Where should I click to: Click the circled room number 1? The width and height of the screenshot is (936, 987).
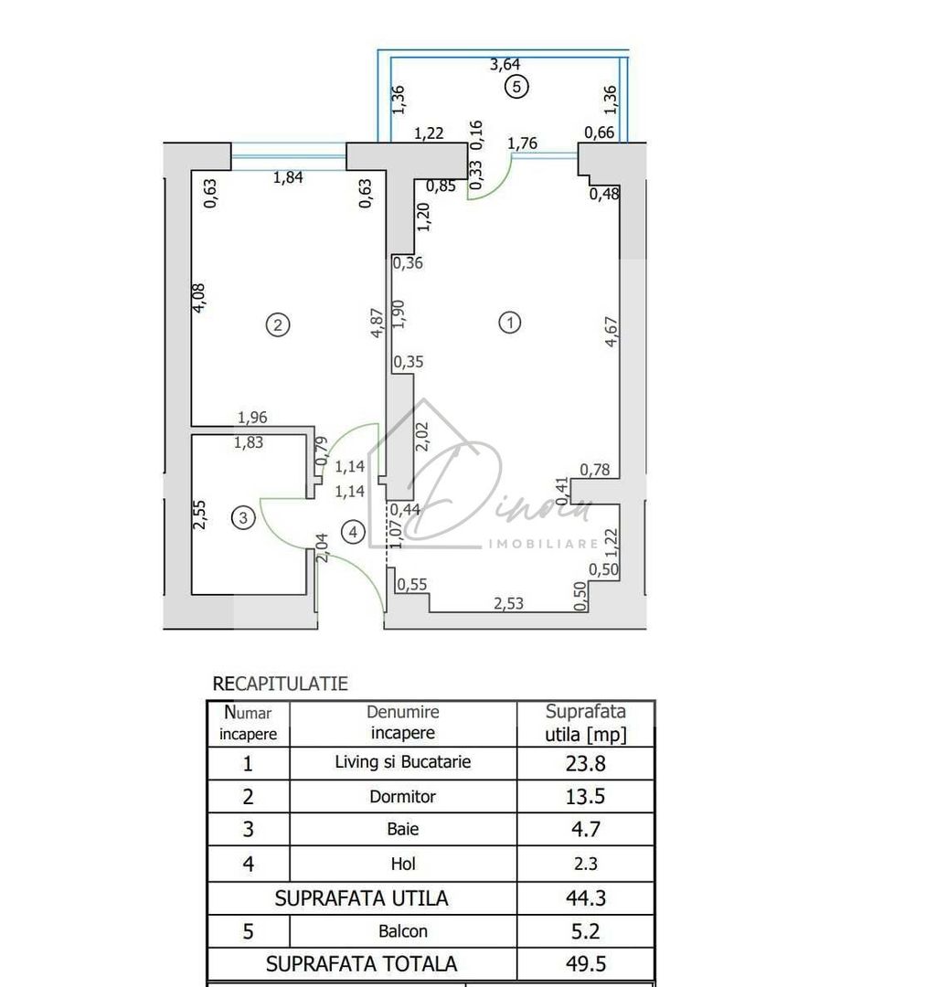point(510,322)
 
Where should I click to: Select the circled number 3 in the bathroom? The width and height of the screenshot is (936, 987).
point(242,518)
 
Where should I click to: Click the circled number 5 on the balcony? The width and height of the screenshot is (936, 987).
point(516,88)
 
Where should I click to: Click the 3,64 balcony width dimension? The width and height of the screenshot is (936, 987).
point(505,64)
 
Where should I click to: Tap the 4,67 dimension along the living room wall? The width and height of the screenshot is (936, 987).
point(611,331)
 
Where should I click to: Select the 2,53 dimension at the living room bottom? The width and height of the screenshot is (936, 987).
point(509,603)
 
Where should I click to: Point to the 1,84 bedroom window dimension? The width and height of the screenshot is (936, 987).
point(290,177)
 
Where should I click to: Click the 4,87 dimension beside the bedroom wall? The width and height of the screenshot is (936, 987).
point(374,322)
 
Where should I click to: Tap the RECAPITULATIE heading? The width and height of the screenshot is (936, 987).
point(280,684)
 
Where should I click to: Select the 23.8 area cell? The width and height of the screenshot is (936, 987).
point(586,763)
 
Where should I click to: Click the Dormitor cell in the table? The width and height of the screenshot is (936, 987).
point(403,796)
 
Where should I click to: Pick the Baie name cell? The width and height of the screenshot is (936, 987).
point(403,830)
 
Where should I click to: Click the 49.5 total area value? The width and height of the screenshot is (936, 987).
point(586,963)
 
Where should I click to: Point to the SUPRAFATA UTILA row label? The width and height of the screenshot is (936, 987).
point(362,898)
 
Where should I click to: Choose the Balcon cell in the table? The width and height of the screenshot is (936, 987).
point(403,931)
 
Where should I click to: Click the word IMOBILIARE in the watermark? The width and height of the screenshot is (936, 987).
point(544,544)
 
